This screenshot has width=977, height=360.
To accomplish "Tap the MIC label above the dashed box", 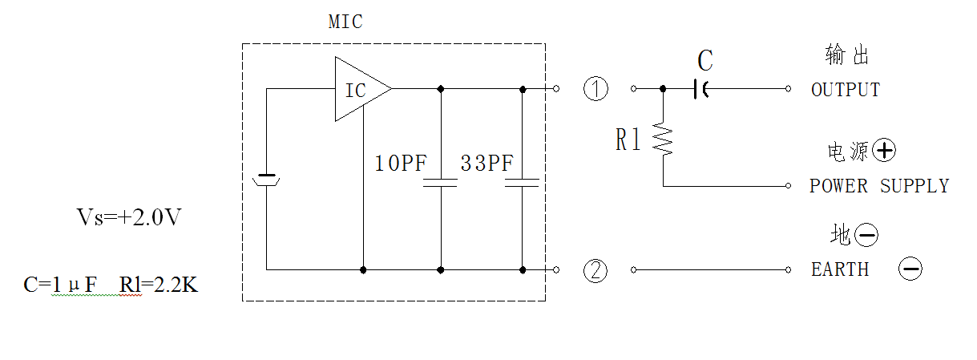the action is [x=345, y=22].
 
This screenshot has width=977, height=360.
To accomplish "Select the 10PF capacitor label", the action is [x=401, y=164].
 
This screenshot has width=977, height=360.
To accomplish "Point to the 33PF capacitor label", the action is [x=487, y=164].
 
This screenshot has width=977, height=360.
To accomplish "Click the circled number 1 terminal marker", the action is [x=595, y=88].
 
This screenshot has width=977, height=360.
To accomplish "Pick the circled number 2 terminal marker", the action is [x=595, y=270].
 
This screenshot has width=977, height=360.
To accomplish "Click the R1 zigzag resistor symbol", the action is [x=663, y=139].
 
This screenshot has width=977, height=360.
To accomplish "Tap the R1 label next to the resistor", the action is [x=628, y=140].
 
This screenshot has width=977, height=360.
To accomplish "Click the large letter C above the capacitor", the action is [x=705, y=60].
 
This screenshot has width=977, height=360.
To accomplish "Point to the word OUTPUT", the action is [x=846, y=90].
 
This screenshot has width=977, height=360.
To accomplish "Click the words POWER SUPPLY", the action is [x=879, y=186].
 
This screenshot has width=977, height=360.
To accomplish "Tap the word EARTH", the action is [x=840, y=269].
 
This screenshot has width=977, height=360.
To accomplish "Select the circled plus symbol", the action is [x=884, y=151].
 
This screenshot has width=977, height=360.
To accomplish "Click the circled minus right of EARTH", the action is [x=910, y=269].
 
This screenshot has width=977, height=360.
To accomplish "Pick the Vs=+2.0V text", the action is [x=129, y=216].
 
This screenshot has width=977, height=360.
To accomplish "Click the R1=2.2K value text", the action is [x=159, y=285].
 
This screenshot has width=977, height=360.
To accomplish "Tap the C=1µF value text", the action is [x=60, y=285].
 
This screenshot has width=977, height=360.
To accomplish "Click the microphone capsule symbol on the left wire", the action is [x=266, y=180].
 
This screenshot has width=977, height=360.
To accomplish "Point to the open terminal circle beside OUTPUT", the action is [x=788, y=89].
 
